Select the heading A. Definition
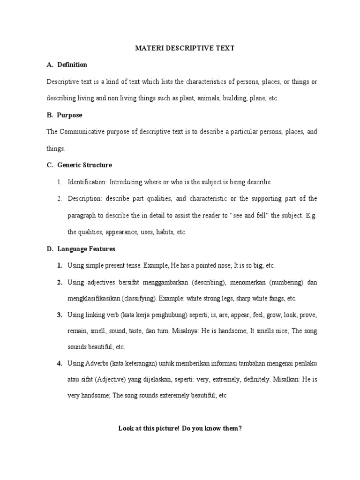pyautogui.click(x=67, y=65)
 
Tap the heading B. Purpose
pyautogui.click(x=64, y=115)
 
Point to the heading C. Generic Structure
pyautogui.click(x=79, y=165)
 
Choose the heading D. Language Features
pyautogui.click(x=81, y=248)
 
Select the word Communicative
pyautogui.click(x=84, y=132)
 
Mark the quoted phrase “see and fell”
pyautogui.click(x=254, y=215)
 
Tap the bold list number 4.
pyautogui.click(x=60, y=363)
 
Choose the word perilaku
pyautogui.click(x=306, y=363)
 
